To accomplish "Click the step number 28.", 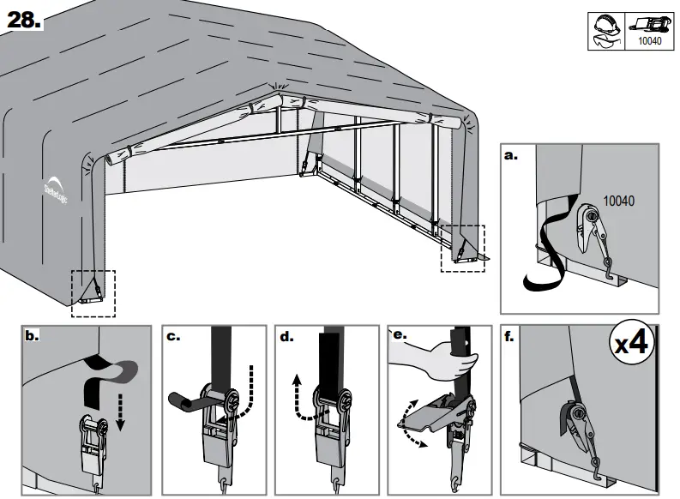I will (24, 21).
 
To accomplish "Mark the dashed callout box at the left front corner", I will (93, 292).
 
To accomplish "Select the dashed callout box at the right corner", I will (462, 248).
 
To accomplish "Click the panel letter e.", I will (399, 335).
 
